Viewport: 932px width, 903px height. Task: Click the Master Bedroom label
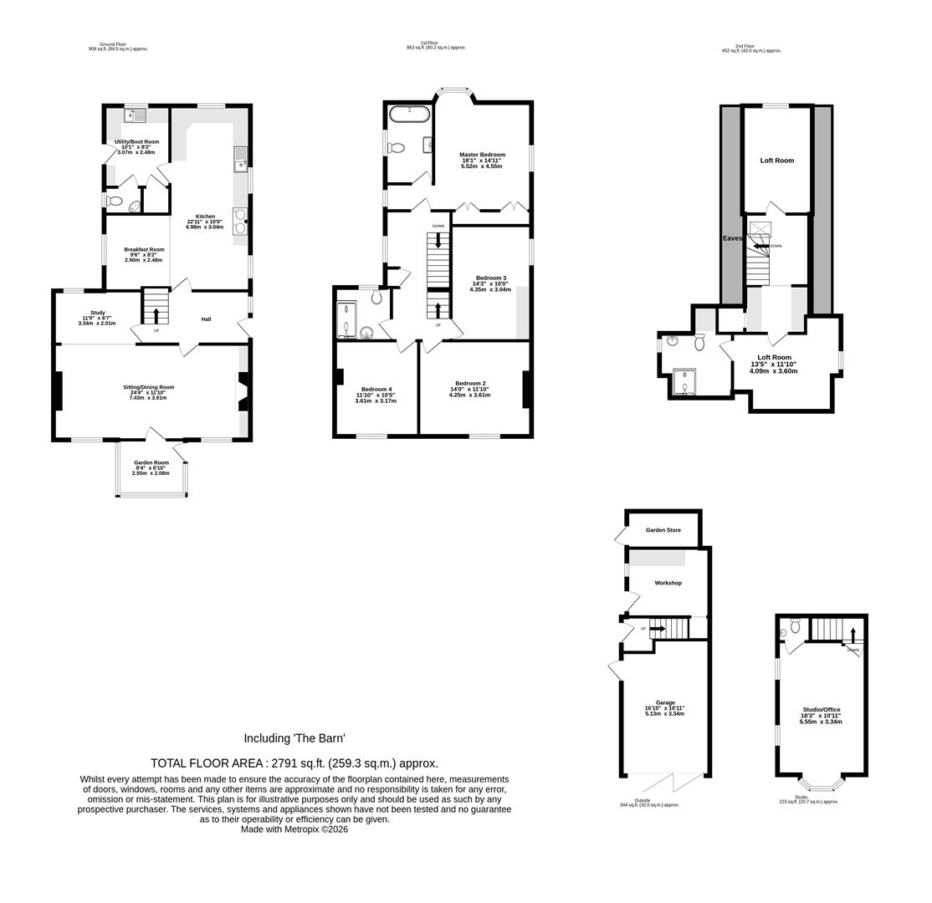(x=482, y=155)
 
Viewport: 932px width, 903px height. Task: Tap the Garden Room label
(x=151, y=462)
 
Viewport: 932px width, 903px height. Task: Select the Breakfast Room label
(x=144, y=249)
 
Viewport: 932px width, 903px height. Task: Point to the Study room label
(x=97, y=313)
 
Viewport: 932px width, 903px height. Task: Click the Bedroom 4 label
(x=376, y=389)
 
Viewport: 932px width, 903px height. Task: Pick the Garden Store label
(x=663, y=530)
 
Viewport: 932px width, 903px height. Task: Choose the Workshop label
(x=668, y=583)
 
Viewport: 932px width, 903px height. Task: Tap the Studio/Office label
(x=820, y=709)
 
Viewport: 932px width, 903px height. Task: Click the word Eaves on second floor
(x=732, y=238)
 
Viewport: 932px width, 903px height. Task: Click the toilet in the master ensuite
(x=396, y=148)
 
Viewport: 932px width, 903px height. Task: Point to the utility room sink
(x=135, y=115)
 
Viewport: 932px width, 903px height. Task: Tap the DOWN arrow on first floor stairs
(x=438, y=239)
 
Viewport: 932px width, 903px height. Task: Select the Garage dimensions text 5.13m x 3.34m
(x=664, y=714)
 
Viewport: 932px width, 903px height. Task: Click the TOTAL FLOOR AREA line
(x=294, y=763)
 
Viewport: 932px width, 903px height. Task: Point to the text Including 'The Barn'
(x=294, y=738)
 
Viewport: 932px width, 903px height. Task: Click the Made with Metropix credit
(x=294, y=829)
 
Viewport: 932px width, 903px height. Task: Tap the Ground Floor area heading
(x=118, y=47)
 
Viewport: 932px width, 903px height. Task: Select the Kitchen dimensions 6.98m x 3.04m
(x=205, y=227)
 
